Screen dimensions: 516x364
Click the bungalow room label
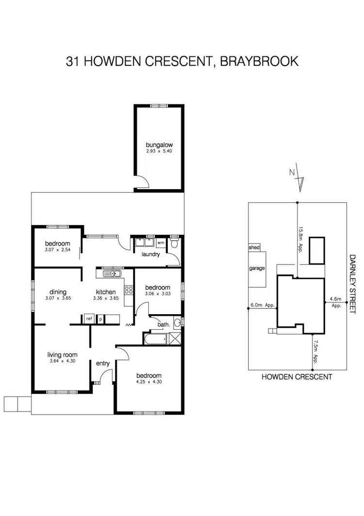coord(159,144)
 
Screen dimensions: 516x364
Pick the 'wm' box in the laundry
coord(161,242)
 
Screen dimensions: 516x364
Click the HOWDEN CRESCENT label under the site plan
coord(297,376)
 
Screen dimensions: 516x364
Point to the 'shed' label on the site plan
coord(254,248)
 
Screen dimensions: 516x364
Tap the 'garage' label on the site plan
coord(257,268)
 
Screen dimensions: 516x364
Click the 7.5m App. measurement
coord(315,352)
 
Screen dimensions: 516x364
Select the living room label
coord(62,355)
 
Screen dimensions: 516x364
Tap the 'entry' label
coord(103,363)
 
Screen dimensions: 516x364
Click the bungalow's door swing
coord(141,183)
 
